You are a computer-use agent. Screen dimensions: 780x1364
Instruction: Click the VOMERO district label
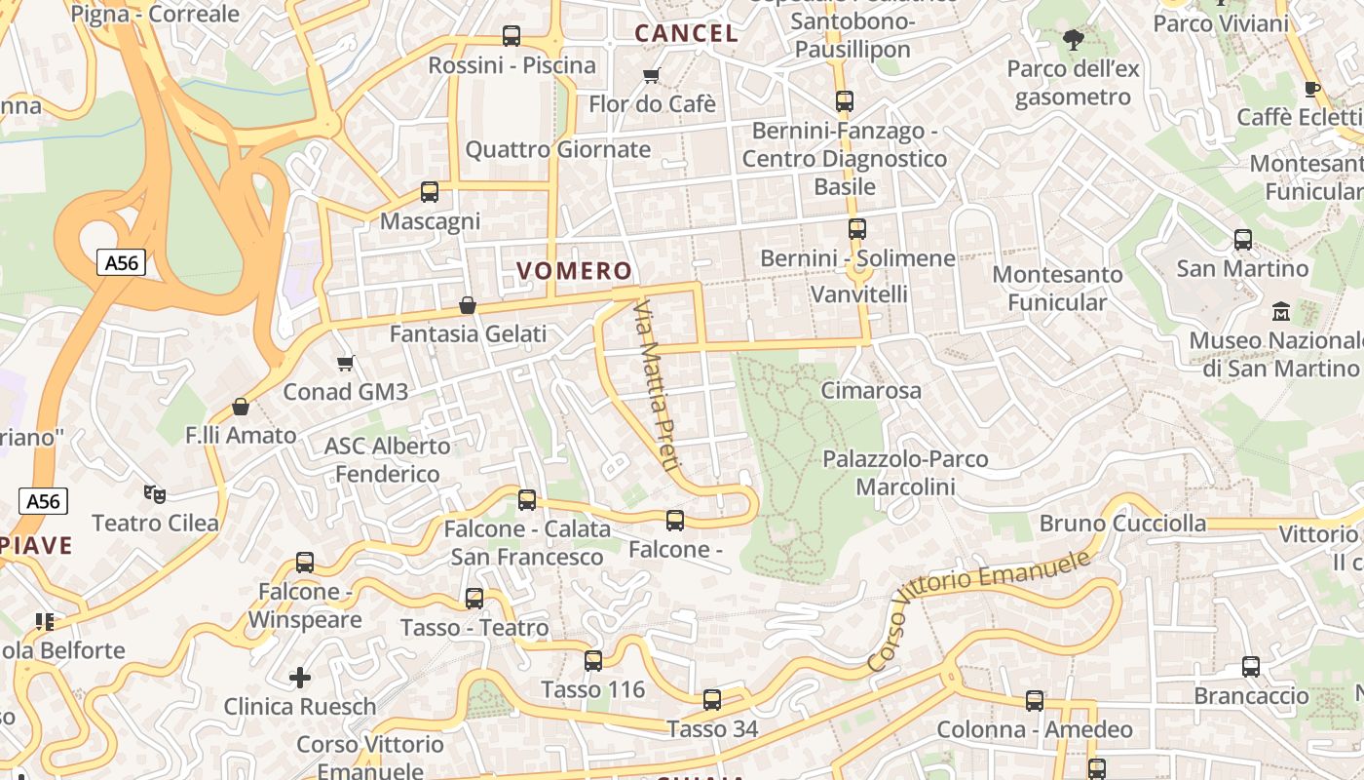pos(574,271)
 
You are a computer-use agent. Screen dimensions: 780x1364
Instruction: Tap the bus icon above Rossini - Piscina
pos(511,36)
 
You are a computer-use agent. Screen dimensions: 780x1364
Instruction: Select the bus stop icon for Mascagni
pos(430,192)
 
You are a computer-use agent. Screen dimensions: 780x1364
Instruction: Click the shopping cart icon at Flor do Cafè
pos(652,75)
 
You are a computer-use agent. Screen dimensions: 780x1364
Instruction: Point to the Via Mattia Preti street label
pos(654,386)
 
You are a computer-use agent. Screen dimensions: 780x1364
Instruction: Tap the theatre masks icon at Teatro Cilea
pos(154,494)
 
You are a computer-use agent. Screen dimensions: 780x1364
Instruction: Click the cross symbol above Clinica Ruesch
pos(300,677)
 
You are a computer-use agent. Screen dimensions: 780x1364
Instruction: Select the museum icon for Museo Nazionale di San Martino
pos(1281,312)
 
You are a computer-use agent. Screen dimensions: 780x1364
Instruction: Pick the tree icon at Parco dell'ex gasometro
pos(1074,40)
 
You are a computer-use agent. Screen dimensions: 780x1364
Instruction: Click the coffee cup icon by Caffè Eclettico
pos(1312,89)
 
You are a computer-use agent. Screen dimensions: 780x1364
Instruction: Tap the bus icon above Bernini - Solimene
pos(857,229)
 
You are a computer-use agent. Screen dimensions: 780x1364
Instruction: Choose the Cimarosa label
pos(871,391)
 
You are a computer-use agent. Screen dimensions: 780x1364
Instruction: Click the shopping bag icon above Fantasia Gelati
pos(468,305)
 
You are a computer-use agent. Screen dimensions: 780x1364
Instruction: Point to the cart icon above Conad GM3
pos(345,364)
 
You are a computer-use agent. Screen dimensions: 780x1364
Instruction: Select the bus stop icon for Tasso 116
pos(593,661)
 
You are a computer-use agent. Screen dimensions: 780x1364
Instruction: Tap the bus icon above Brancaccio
pos(1251,667)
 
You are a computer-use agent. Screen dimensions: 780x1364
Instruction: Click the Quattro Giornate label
pos(557,149)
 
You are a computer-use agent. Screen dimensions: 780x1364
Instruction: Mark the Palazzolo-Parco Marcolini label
pos(905,472)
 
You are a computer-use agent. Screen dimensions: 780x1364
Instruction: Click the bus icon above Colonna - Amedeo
pos(1035,700)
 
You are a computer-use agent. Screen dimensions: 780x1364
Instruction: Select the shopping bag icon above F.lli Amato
pos(241,407)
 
